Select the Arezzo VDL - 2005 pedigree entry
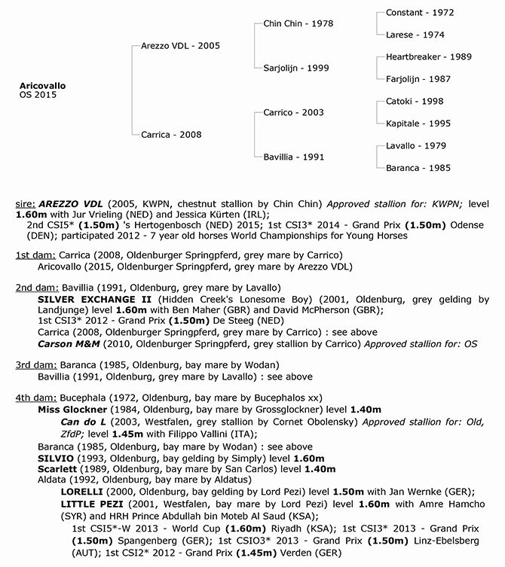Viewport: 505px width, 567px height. (x=180, y=46)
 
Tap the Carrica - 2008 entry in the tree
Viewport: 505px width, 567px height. (x=172, y=135)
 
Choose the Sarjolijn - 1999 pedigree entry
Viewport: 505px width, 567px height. (x=296, y=68)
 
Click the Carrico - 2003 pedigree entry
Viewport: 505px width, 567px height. (x=293, y=113)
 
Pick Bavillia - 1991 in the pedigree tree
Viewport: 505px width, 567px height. (x=294, y=157)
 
